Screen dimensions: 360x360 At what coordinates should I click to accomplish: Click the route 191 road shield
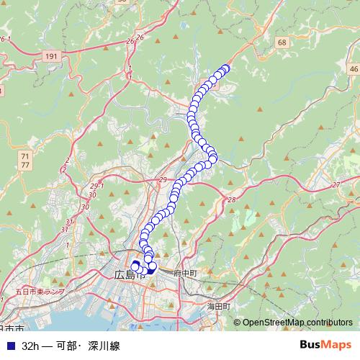coord(50,55)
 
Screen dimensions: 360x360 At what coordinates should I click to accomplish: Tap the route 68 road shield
coord(282,43)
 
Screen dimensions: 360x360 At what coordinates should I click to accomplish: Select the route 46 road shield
coord(353,68)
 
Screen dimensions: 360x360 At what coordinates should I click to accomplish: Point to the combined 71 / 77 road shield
coord(25,160)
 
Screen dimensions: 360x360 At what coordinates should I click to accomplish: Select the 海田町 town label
coord(219,306)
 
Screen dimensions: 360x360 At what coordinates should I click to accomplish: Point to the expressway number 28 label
coord(230,199)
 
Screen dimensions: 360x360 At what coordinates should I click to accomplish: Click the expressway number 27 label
coord(336,185)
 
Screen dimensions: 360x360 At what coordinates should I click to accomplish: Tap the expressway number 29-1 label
coord(97,186)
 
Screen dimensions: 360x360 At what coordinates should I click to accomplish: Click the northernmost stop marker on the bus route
coord(225,68)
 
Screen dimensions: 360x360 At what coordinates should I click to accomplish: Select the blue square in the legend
coord(10,346)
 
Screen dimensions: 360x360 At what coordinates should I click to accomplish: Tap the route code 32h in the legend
coord(31,346)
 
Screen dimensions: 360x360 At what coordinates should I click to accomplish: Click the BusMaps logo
coord(325,345)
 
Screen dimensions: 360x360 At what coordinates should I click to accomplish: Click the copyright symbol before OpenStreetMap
coord(237,323)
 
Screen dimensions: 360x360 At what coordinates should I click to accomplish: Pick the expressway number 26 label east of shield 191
coord(140,37)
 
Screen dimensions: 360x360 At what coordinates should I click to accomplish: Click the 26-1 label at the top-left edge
coord(6,39)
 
